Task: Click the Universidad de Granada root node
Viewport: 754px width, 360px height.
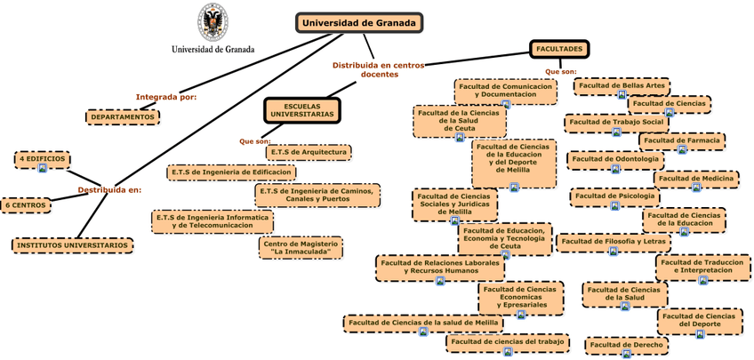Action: (358, 23)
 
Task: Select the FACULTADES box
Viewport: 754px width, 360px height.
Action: (559, 49)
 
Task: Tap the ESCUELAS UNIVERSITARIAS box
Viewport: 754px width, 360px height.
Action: (302, 110)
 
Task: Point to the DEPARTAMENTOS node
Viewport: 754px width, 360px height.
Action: (123, 116)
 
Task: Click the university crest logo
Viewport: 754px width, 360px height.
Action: (212, 22)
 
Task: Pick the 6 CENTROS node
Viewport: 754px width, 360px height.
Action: (25, 205)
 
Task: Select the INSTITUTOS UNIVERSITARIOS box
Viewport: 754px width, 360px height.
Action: (73, 244)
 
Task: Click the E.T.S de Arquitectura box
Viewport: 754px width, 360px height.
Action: (309, 152)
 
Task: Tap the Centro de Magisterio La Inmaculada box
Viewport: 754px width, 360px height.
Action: (301, 247)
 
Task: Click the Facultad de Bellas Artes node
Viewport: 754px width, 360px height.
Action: (622, 85)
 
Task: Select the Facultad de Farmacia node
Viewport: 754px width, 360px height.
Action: (681, 140)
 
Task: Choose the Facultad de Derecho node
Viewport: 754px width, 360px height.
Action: (626, 344)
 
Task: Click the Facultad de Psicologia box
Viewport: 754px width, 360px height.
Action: (614, 196)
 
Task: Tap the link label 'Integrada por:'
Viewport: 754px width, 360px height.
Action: (166, 97)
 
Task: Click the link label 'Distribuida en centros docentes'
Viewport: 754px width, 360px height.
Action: (379, 69)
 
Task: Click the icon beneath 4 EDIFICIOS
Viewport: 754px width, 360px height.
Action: (43, 168)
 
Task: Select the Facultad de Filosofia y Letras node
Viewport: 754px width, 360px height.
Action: (613, 241)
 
